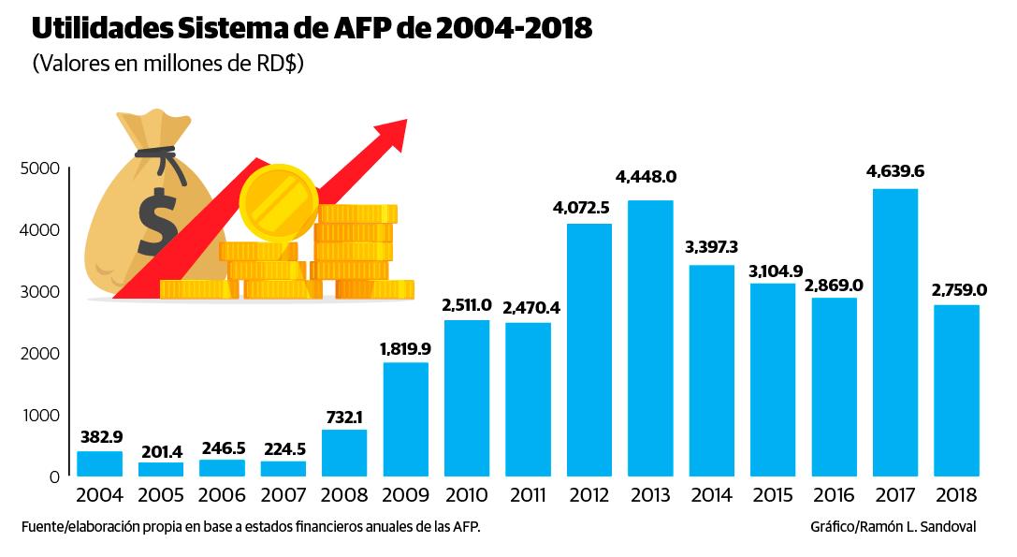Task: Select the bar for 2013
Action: pos(649,338)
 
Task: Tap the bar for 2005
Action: pos(161,469)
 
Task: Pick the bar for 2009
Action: pos(405,419)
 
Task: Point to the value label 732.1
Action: pos(344,415)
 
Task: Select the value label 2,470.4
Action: pos(528,307)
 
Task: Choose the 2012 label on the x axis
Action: pos(588,494)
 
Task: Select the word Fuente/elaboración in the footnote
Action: pos(84,527)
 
